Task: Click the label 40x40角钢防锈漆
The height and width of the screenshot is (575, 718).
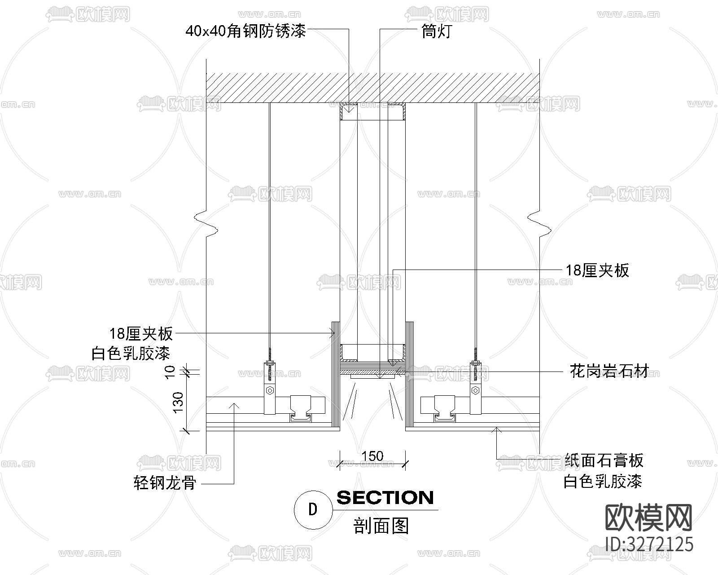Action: [x=245, y=31]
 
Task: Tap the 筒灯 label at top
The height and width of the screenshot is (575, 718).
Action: [x=437, y=31]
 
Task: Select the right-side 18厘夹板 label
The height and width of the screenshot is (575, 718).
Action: [x=597, y=270]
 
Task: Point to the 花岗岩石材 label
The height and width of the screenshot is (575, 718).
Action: [x=609, y=372]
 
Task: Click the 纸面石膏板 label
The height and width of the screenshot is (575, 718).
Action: [x=604, y=460]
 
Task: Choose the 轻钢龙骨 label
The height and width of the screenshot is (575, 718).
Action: [x=165, y=483]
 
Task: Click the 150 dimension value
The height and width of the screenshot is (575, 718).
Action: [x=372, y=456]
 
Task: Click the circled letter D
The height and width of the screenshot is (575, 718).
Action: [x=313, y=509]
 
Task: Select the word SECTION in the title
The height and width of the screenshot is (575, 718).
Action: [x=385, y=498]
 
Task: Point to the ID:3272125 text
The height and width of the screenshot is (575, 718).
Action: [x=649, y=544]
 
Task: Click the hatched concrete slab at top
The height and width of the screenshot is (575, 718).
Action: [x=372, y=87]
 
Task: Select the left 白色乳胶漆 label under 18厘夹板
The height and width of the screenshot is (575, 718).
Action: [x=131, y=354]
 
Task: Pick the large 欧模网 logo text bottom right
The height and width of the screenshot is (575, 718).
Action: [x=649, y=517]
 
